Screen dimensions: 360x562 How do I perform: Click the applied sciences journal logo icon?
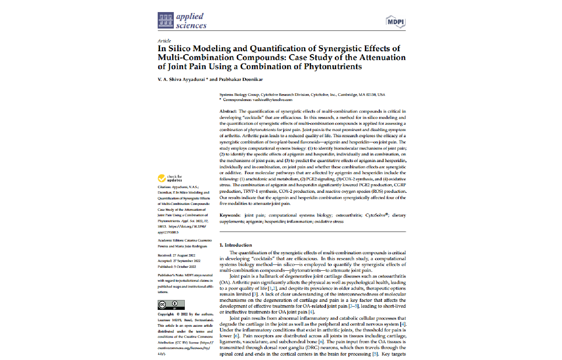tap(165, 20)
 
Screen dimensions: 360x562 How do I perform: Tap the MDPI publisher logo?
tap(396, 22)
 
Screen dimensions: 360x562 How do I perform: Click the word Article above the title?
tap(164, 41)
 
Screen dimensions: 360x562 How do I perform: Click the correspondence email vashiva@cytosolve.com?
tap(272, 100)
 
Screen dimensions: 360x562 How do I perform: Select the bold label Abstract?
tap(228, 111)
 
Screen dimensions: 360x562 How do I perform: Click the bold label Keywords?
tap(230, 215)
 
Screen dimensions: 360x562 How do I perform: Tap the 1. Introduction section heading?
tap(236, 245)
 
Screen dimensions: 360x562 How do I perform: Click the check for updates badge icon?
tap(162, 178)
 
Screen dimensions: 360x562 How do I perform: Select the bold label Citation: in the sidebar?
tap(164, 187)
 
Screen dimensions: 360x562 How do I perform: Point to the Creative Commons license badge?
tap(171, 305)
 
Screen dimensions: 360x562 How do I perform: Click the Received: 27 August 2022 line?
tap(176, 255)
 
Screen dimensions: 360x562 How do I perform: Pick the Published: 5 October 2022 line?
tap(177, 267)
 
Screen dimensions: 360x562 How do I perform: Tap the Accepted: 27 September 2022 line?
tap(179, 261)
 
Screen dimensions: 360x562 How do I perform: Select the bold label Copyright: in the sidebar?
tap(166, 314)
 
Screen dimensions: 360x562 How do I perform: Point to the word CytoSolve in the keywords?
tap(375, 215)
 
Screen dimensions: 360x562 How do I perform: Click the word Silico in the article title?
tap(179, 49)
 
